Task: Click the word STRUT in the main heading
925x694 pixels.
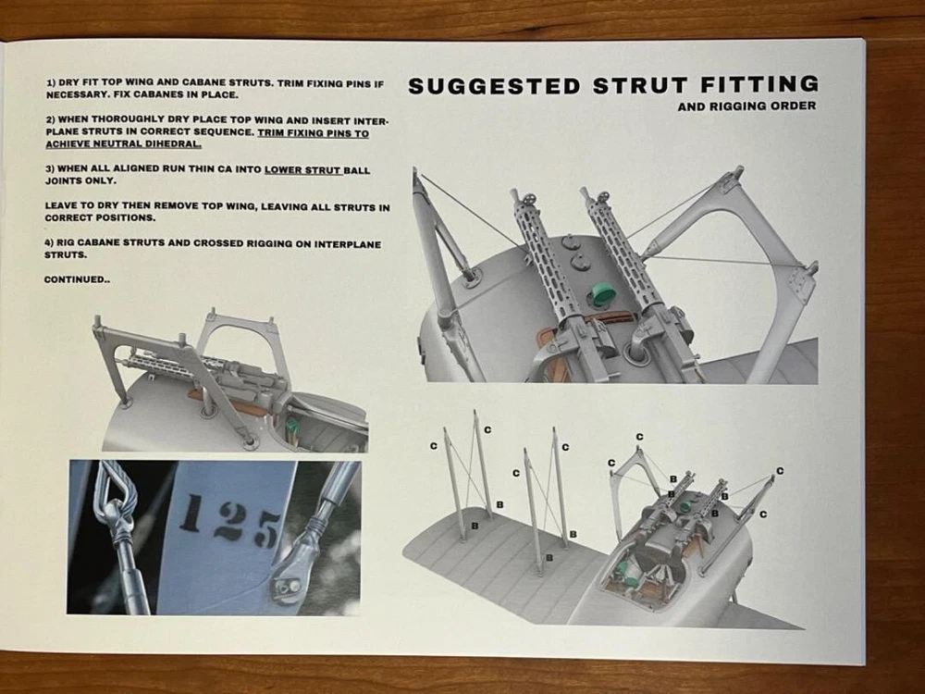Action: point(639,85)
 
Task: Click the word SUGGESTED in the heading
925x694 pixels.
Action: point(495,87)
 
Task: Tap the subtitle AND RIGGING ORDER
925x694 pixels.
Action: point(746,106)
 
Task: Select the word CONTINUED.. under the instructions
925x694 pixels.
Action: point(77,279)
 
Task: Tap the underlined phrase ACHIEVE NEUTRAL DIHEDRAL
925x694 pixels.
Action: point(123,143)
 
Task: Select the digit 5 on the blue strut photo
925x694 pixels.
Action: point(265,530)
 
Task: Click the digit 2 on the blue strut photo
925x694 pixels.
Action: point(228,521)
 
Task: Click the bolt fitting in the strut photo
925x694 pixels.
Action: point(285,587)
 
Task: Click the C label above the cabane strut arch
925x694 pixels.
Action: point(640,438)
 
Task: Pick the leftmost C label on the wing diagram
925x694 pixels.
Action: point(434,446)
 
